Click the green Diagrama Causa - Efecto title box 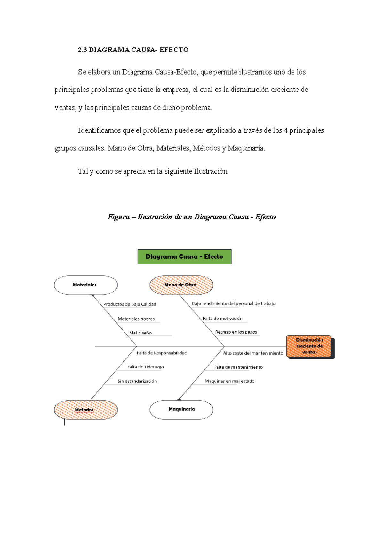(x=184, y=257)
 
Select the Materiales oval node (x=85, y=285)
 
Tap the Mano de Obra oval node (x=181, y=285)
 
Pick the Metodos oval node (x=85, y=410)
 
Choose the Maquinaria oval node (x=181, y=409)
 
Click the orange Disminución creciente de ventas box (x=309, y=346)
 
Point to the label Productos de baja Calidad (x=130, y=304)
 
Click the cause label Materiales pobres (x=136, y=319)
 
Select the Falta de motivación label (x=222, y=319)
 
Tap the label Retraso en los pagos (x=236, y=332)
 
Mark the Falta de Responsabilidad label (x=162, y=353)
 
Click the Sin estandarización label (x=137, y=381)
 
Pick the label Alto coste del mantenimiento (x=253, y=353)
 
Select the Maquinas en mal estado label (x=229, y=381)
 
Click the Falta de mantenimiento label (x=238, y=367)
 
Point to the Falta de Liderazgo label (x=145, y=367)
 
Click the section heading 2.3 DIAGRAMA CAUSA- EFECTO (x=133, y=50)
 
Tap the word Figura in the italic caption (x=118, y=217)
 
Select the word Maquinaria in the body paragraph (x=245, y=148)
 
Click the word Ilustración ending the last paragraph (x=211, y=171)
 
